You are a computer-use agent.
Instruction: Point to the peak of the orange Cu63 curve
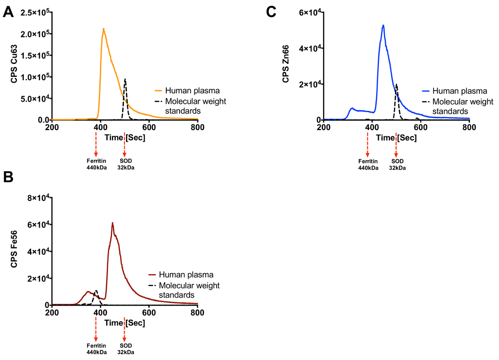(x=103, y=29)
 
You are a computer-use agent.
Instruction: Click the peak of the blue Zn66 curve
(x=383, y=25)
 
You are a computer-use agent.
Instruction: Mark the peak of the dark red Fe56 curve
(x=112, y=223)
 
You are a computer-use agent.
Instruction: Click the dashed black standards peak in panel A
(x=125, y=79)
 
